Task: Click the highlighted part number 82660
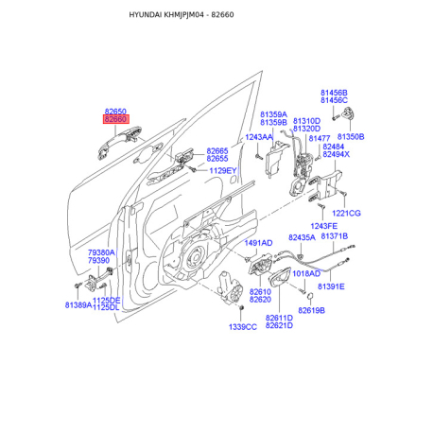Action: (115, 119)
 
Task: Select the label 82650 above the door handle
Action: (115, 112)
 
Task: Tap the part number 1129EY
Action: (223, 171)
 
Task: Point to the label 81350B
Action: (351, 137)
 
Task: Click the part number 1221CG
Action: (346, 214)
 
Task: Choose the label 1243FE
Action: (323, 226)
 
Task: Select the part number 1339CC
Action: (243, 327)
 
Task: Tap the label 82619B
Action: (311, 310)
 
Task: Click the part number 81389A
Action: (78, 305)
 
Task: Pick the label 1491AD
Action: (258, 243)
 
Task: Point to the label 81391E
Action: (331, 286)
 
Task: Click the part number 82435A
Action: (302, 237)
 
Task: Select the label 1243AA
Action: (259, 137)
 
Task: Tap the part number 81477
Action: (320, 138)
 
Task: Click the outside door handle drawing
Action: (119, 143)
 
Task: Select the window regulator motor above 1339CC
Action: (231, 287)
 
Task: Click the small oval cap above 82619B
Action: (310, 296)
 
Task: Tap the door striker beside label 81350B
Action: (348, 113)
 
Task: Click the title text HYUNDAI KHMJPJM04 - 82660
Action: (182, 15)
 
